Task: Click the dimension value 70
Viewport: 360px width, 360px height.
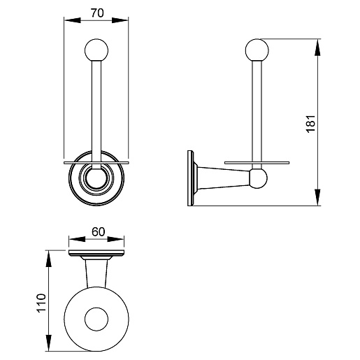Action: point(97,13)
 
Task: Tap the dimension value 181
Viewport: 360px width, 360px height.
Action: point(310,124)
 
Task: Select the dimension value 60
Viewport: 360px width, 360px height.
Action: point(98,232)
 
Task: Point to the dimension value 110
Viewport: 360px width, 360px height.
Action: point(41,303)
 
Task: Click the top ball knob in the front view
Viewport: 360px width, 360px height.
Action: point(96,50)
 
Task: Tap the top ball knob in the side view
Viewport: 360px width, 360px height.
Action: point(257,50)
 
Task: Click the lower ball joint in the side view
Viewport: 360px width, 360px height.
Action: point(258,178)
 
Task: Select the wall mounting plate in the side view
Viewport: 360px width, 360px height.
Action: point(191,178)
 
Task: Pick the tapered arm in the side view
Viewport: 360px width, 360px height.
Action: point(224,178)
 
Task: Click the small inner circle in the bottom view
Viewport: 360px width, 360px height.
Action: point(96,319)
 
